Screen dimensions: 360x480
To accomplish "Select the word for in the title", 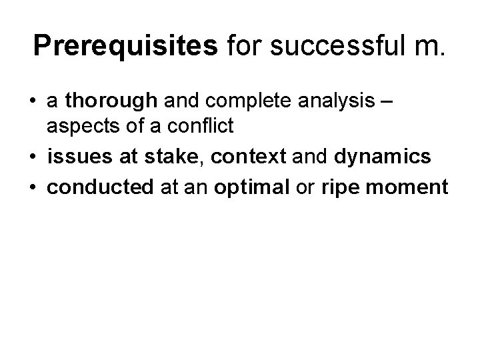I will click(245, 45).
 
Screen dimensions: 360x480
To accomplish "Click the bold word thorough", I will click(113, 101).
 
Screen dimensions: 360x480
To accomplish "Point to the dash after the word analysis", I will click(389, 101).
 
